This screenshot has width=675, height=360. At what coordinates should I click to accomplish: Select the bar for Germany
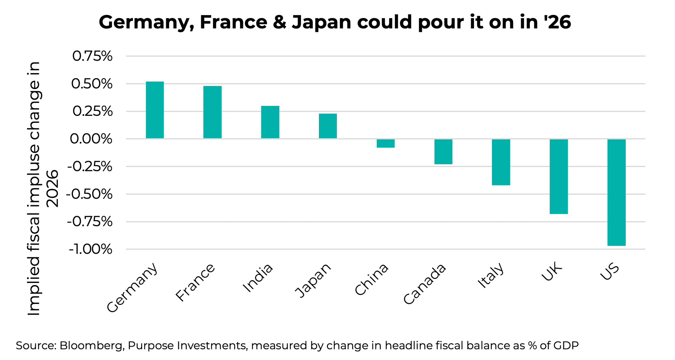coord(155,110)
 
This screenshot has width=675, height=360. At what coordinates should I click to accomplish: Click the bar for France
coord(212,112)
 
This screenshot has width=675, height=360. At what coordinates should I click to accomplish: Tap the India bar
coord(270,122)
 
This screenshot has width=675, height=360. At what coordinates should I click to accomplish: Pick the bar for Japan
coord(328,126)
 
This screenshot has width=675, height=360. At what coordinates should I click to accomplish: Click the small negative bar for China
coord(385,144)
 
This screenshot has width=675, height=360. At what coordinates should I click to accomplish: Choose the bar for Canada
coord(443,152)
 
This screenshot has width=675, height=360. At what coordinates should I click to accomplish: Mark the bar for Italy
coord(501,162)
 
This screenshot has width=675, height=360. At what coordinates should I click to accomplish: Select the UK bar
coord(559,176)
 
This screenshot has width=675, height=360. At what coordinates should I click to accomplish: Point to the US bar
coord(616,192)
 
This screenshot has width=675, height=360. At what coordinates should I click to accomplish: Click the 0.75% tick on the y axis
coord(92,56)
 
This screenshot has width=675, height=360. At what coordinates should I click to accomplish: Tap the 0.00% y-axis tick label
coord(91,139)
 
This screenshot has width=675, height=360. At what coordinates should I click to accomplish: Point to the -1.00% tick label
coord(90,250)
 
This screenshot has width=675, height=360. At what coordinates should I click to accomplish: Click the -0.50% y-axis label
coord(89,194)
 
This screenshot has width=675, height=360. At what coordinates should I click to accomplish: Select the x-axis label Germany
coord(133,288)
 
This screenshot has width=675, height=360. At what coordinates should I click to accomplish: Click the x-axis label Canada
coord(425,284)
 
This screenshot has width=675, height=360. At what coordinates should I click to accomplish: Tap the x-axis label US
coord(610,272)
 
